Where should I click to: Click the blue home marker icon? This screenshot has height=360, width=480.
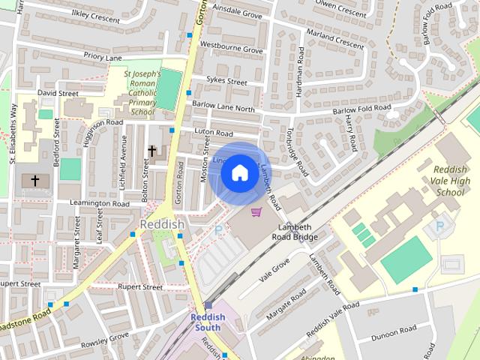point(239,172)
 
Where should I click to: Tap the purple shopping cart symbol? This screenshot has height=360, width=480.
point(256,212)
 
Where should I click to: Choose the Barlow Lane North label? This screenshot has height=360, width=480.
point(223,107)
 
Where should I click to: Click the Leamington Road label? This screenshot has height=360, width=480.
point(100,203)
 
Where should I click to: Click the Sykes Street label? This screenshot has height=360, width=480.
point(226,81)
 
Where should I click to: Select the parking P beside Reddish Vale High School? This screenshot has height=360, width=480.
point(440,226)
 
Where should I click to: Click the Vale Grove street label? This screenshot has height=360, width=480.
point(274,269)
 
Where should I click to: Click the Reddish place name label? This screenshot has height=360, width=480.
point(161,224)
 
